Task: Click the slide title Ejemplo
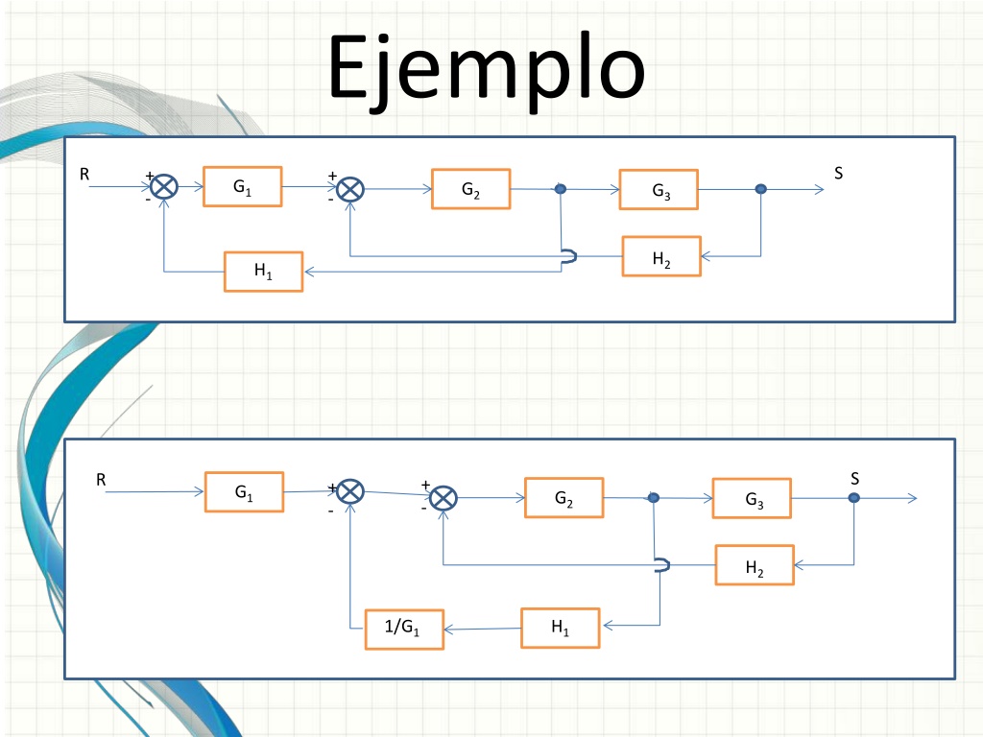[x=487, y=70]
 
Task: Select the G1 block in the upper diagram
[x=243, y=186]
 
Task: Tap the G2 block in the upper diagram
[x=470, y=189]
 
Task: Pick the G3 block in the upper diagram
[x=659, y=189]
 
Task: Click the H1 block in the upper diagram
[x=263, y=272]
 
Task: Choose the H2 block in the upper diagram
[x=661, y=256]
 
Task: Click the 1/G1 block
[x=404, y=630]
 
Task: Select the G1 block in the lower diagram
[x=245, y=492]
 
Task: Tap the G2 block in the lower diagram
[x=564, y=498]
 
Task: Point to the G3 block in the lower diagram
[x=752, y=498]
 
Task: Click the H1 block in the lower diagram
[x=561, y=628]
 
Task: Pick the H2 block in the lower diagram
[x=755, y=565]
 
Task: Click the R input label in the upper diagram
[x=84, y=175]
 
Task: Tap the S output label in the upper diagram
[x=838, y=173]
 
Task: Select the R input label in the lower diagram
[x=101, y=480]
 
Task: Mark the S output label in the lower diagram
[x=854, y=479]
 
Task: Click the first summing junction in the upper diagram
[x=164, y=187]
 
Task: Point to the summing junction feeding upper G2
[x=350, y=189]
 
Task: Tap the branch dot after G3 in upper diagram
[x=760, y=189]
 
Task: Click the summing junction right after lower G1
[x=350, y=491]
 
